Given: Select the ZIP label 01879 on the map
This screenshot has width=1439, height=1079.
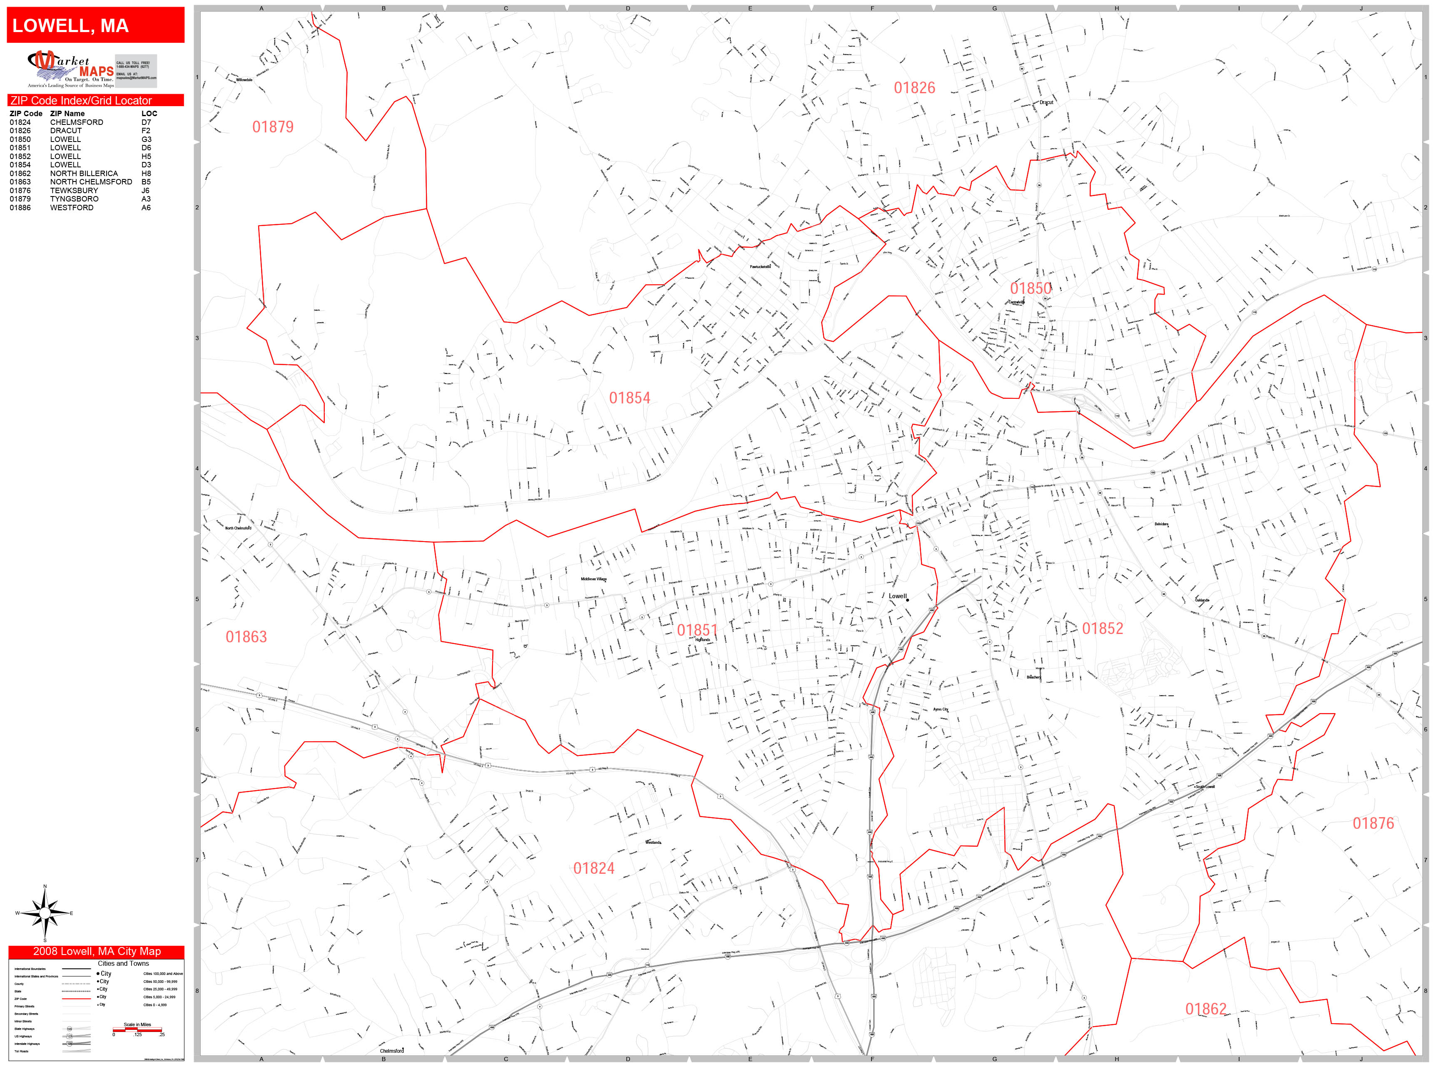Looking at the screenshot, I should [273, 127].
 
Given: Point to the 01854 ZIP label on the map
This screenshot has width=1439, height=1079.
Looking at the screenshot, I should [629, 398].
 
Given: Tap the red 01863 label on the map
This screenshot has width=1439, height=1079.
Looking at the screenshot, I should [246, 637].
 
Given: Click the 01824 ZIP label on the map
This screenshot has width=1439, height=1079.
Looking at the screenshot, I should [593, 869].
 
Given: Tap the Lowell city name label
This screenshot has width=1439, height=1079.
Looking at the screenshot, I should [897, 596].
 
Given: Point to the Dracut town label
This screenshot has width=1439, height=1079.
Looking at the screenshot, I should [1046, 102].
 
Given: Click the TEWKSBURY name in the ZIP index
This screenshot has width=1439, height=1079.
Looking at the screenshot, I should [74, 191].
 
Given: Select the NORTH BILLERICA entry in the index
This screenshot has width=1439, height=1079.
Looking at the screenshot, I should [84, 174].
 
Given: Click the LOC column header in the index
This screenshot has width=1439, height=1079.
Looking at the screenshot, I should [149, 113].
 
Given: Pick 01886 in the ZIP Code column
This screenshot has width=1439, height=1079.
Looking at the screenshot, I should [20, 207].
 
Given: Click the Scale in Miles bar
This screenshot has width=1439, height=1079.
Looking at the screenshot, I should [137, 1029].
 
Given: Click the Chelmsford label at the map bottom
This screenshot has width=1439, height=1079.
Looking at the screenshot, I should [392, 1050].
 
